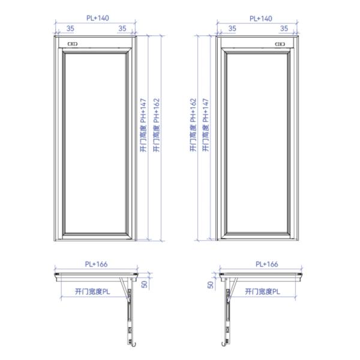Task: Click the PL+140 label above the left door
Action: point(98,18)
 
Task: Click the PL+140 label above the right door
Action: point(261,19)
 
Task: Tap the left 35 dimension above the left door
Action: point(70,28)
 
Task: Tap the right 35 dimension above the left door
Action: point(122,28)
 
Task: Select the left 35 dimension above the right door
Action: point(232,28)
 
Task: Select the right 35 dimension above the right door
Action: point(284,28)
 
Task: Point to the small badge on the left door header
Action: point(73,44)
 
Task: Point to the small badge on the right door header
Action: point(280,44)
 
